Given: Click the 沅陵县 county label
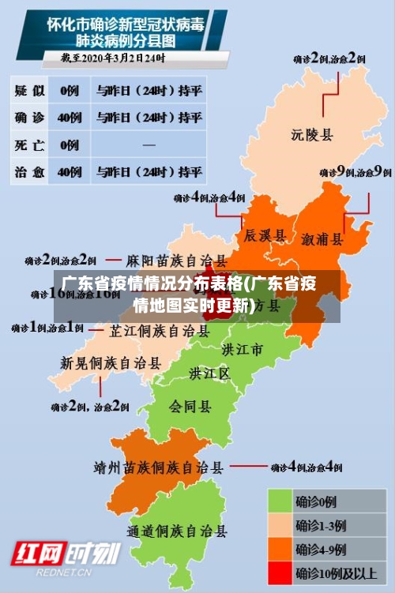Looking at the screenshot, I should (312, 135).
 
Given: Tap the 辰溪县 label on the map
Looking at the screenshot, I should (263, 235).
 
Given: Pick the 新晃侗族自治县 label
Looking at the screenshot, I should (111, 363).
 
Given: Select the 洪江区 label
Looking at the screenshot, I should (209, 372).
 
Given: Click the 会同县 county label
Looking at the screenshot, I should (190, 407).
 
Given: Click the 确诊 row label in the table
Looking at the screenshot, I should (30, 118).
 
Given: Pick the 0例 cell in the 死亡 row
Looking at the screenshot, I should (70, 144).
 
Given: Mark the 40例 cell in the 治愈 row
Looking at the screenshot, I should (70, 171).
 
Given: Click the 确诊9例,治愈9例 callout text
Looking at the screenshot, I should (355, 171).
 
